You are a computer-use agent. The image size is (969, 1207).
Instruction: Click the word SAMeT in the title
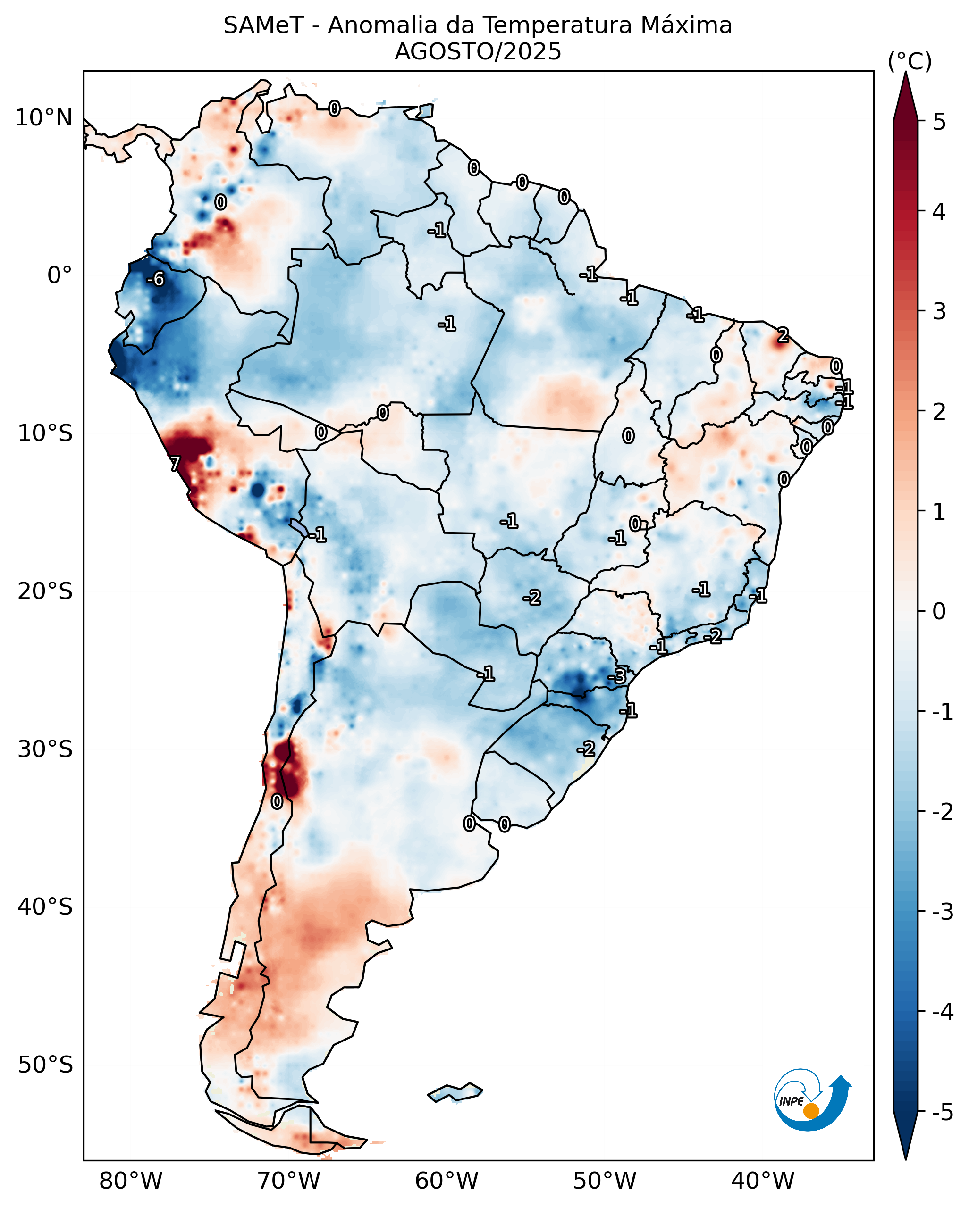[x=263, y=26]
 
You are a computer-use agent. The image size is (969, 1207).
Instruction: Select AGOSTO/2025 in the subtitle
[x=478, y=52]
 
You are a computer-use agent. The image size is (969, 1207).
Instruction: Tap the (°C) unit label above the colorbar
[x=910, y=62]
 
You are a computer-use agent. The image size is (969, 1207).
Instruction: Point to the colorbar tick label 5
[x=939, y=122]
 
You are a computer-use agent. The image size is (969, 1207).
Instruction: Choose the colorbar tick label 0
[x=939, y=611]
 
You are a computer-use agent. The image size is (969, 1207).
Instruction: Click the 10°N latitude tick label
[x=44, y=118]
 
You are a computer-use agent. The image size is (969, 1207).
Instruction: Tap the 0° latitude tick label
[x=59, y=275]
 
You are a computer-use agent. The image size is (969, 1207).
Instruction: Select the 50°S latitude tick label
[x=45, y=1065]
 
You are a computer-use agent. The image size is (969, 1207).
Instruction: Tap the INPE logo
[x=811, y=1100]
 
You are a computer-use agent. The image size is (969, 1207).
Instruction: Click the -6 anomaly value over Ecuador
[x=155, y=279]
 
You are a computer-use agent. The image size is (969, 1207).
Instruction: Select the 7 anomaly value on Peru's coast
[x=175, y=464]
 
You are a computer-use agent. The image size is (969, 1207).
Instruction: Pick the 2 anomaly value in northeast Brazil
[x=783, y=335]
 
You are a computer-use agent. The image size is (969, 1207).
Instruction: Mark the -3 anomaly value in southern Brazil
[x=617, y=676]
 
